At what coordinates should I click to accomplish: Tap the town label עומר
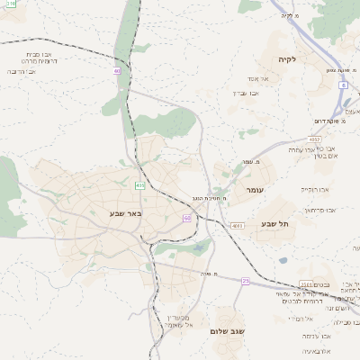[254, 192]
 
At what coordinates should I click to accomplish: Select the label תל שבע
[271, 223]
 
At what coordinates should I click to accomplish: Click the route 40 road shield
[117, 69]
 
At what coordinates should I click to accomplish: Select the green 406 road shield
[139, 185]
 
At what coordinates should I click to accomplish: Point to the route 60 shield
[186, 218]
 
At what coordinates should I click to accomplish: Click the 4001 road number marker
[237, 226]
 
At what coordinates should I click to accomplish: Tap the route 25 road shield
[245, 282]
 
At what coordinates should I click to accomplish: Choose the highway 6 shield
[343, 85]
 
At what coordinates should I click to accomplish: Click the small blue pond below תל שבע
[283, 261]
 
